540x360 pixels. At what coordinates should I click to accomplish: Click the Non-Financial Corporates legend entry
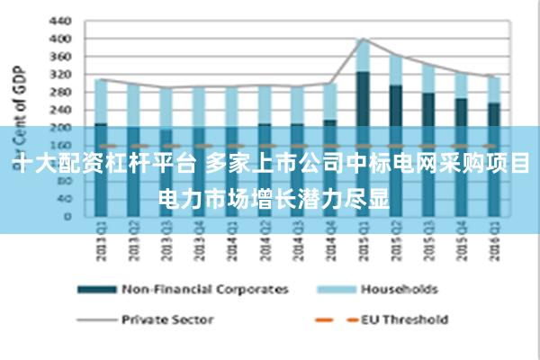click(205, 289)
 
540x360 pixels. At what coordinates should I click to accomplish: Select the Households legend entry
click(399, 289)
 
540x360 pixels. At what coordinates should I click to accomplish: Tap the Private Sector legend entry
click(167, 319)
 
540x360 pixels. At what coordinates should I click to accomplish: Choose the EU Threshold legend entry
click(403, 319)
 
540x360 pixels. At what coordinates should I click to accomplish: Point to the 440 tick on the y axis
click(58, 20)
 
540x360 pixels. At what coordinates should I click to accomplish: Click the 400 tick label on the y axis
click(58, 39)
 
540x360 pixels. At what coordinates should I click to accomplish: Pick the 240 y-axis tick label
click(58, 109)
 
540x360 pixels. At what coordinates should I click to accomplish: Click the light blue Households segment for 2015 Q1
click(362, 56)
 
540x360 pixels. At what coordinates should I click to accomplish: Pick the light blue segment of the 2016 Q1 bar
click(492, 89)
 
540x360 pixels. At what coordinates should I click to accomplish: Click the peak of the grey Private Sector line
click(362, 39)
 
